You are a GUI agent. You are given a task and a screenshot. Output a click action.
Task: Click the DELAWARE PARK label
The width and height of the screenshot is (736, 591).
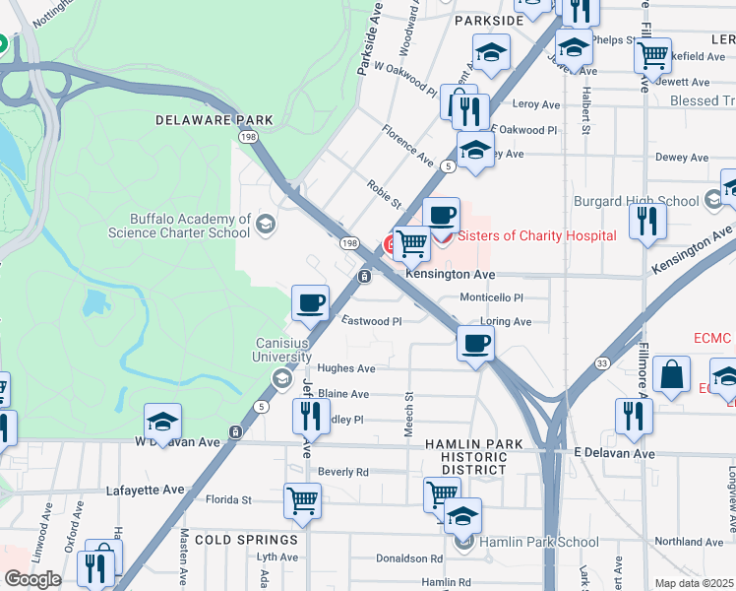pyautogui.click(x=214, y=120)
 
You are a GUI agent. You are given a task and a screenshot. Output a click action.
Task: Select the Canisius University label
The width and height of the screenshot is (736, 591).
pyautogui.click(x=283, y=349)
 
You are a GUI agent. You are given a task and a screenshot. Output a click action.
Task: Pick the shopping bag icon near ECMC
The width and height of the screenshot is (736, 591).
pyautogui.click(x=671, y=375)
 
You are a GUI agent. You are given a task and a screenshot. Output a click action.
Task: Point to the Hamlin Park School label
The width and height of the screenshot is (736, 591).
pyautogui.click(x=538, y=541)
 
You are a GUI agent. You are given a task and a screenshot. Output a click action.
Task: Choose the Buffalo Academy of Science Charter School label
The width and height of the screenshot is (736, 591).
pyautogui.click(x=190, y=226)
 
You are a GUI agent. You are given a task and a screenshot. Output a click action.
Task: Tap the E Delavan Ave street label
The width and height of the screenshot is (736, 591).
pyautogui.click(x=614, y=454)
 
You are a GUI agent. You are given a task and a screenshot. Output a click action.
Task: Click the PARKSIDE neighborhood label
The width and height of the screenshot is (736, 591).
pyautogui.click(x=489, y=21)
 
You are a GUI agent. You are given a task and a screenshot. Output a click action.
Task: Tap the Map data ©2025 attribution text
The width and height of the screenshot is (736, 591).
pyautogui.click(x=695, y=583)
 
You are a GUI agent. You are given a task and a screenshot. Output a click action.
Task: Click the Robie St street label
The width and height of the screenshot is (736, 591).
pyautogui.click(x=384, y=193)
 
